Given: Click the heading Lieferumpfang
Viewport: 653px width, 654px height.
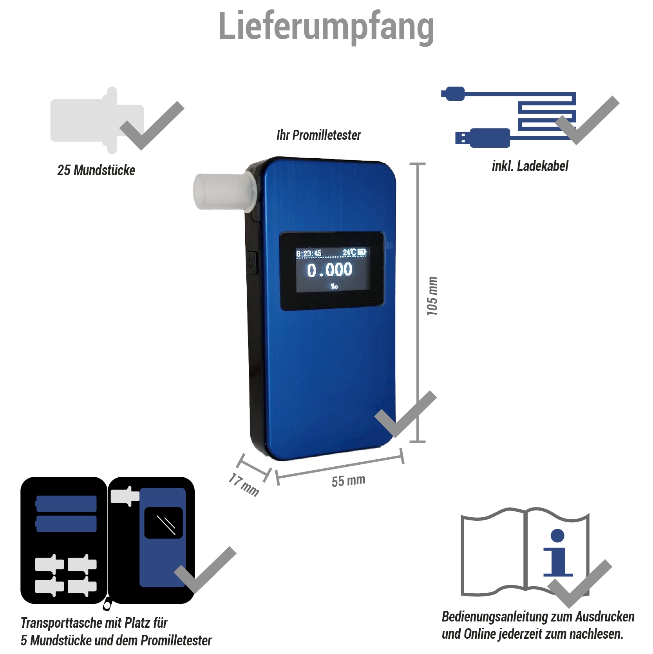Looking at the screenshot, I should (326, 27).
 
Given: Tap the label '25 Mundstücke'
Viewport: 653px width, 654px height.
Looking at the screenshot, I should (96, 170).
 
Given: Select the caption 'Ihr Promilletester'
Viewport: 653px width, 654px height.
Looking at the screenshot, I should (318, 135).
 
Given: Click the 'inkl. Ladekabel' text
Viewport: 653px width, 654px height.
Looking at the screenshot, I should (530, 166).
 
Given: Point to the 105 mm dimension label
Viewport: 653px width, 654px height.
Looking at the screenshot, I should (432, 296).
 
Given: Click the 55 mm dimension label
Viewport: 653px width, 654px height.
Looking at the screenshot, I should (348, 481).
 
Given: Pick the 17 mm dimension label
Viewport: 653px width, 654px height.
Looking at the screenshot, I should (244, 485).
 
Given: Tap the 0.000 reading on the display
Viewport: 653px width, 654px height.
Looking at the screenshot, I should (329, 270).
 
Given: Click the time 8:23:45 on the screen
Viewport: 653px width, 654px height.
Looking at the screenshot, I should (309, 254).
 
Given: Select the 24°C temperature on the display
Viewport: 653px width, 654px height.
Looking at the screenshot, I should (349, 252).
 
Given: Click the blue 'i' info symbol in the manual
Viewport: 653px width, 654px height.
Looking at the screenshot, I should (558, 553).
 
